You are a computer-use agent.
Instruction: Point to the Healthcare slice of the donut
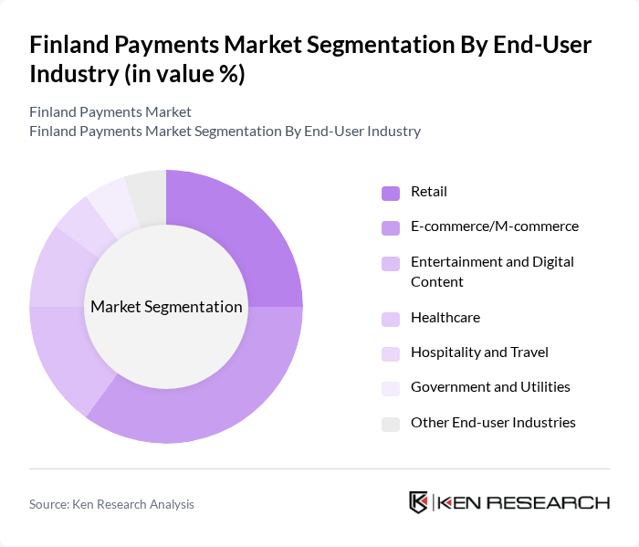point(57,269)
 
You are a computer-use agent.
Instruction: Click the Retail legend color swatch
point(391,193)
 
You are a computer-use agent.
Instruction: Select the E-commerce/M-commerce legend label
point(494,226)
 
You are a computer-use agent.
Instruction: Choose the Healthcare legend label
point(445,318)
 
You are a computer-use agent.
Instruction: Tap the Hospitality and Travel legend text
point(479,352)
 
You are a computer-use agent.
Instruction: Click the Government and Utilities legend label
point(490,387)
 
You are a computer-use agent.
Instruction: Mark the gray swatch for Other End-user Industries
point(391,424)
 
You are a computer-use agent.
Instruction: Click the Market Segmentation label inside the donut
point(166,307)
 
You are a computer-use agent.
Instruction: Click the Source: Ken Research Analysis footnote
point(111,504)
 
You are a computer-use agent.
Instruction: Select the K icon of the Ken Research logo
point(418,502)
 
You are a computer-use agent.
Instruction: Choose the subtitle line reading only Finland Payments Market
point(110,111)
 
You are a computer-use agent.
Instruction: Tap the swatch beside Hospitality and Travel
point(391,353)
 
